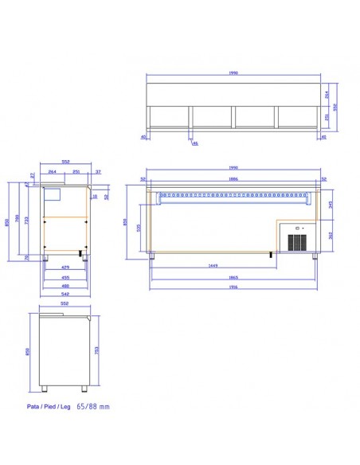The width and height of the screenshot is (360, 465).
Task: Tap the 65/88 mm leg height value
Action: click(x=93, y=405)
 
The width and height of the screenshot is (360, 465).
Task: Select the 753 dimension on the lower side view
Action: click(x=96, y=350)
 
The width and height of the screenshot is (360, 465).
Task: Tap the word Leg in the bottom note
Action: click(x=68, y=405)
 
